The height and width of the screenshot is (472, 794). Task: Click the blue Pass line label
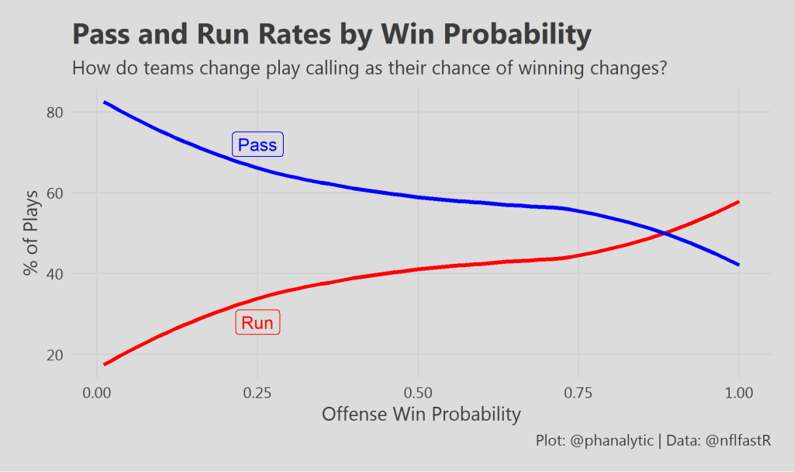coord(258,145)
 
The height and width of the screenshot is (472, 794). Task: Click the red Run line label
coord(257,323)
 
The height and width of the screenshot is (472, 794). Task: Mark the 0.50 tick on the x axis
coord(418,393)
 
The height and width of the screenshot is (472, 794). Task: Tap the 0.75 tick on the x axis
coord(578,393)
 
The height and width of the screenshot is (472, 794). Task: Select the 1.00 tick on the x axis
coord(739,393)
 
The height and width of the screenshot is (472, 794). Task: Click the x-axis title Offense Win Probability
coord(421,415)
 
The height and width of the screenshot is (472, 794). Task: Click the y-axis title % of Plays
coord(31,232)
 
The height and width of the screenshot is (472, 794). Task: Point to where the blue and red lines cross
coord(664,233)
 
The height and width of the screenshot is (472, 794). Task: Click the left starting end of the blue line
coord(105,102)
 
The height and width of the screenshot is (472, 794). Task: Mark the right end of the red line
coord(739,202)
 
